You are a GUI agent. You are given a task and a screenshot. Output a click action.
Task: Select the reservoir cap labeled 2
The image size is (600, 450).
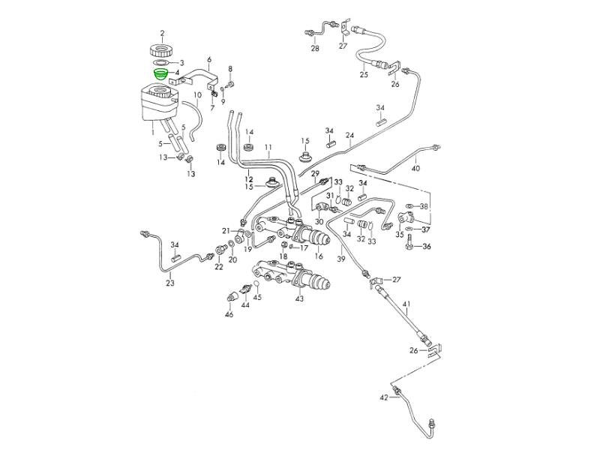coord(161,50)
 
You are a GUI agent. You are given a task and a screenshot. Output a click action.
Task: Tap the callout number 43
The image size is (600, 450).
coord(299,298)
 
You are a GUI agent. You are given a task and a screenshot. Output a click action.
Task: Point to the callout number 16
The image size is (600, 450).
coord(319,256)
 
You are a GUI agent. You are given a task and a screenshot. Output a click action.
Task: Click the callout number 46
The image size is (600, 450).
coord(229,314)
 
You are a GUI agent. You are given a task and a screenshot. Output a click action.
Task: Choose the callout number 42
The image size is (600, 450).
coord(384,397)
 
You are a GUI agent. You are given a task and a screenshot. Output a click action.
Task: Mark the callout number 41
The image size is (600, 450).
coord(406,304)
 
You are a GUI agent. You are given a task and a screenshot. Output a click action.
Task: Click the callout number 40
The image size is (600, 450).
coord(415,168)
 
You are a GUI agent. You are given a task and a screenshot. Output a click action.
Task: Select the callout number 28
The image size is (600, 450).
coord(315,49)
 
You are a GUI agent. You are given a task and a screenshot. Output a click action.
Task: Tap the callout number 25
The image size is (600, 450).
coord(364,74)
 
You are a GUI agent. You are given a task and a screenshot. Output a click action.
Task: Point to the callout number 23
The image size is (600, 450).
coord(170,283)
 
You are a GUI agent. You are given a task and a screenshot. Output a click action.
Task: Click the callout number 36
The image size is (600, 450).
coord(427,247)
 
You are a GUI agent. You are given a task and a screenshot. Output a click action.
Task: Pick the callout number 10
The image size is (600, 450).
coord(197,94)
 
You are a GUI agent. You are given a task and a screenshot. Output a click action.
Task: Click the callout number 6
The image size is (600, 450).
coord(209,60)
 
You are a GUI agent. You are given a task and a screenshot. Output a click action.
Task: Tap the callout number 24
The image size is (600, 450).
coord(349,135)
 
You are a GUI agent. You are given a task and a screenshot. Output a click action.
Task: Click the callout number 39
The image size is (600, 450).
coord(341,259)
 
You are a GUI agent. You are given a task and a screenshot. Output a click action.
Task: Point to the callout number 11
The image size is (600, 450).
coord(268,147)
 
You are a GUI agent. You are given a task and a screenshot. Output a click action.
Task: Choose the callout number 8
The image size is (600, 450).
coord(230,69)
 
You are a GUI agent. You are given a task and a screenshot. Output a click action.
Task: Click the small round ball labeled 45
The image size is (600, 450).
coord(256,284)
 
